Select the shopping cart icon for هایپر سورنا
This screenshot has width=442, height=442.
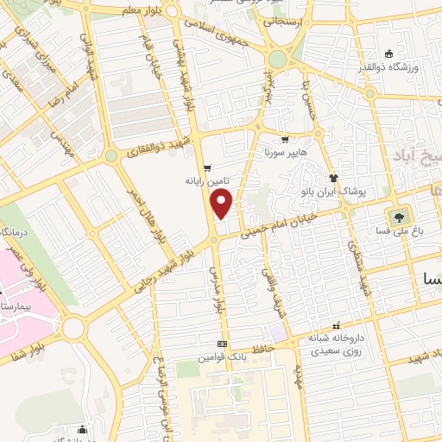point(285,139)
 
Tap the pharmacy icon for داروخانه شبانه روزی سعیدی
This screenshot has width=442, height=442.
point(319,328)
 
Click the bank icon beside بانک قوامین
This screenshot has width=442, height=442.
point(223,344)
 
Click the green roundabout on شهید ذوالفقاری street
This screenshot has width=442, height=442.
point(111,156)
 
